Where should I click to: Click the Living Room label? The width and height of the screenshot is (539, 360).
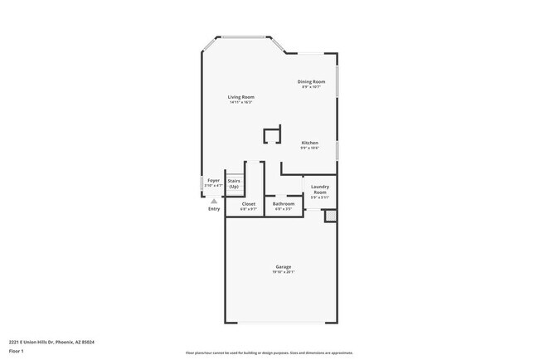click(241, 97)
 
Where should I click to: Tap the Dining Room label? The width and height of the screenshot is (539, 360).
click(311, 81)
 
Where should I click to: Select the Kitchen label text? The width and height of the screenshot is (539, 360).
click(309, 143)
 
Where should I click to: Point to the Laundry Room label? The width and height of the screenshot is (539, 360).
click(319, 190)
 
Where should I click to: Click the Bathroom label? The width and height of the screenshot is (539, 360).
click(284, 203)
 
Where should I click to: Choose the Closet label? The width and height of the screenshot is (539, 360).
click(249, 203)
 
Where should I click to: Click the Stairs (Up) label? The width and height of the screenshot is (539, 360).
click(234, 183)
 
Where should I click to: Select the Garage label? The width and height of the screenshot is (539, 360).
click(284, 267)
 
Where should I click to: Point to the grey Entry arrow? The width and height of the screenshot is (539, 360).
click(214, 201)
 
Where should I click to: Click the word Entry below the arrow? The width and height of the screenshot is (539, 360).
click(214, 209)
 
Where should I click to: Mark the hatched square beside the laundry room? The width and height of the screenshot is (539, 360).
click(329, 216)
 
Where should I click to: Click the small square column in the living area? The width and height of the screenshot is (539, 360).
click(271, 136)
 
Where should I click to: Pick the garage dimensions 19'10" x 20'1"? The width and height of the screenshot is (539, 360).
click(284, 272)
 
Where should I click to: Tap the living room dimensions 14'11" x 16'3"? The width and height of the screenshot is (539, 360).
click(241, 102)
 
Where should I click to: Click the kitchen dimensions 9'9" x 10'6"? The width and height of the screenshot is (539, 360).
click(309, 148)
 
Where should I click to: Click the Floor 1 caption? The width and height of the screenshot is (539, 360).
click(17, 352)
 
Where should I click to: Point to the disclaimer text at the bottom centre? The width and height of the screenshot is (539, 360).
click(269, 352)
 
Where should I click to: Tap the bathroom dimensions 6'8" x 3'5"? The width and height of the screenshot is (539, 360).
click(284, 208)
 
